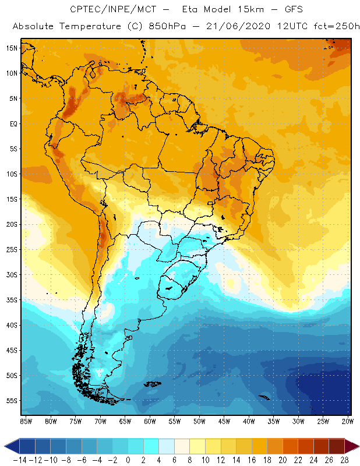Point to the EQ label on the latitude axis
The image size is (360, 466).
(x=12, y=123)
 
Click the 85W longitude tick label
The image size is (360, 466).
(x=26, y=421)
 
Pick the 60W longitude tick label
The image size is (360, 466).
(x=150, y=421)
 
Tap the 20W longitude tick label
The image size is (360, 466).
(x=348, y=421)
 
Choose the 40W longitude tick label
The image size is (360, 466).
(x=249, y=421)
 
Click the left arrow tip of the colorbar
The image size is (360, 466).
(x=6, y=447)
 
